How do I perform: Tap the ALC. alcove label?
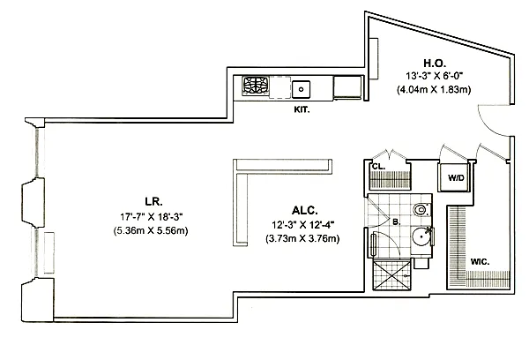pyautogui.click(x=303, y=209)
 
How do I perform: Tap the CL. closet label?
pyautogui.click(x=377, y=166)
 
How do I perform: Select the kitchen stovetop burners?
pyautogui.click(x=257, y=87)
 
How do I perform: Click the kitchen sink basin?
pyautogui.click(x=302, y=88)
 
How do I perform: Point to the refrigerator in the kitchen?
pyautogui.click(x=347, y=87)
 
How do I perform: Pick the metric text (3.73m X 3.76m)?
pyautogui.click(x=303, y=238)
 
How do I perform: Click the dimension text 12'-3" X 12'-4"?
pyautogui.click(x=303, y=224)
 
